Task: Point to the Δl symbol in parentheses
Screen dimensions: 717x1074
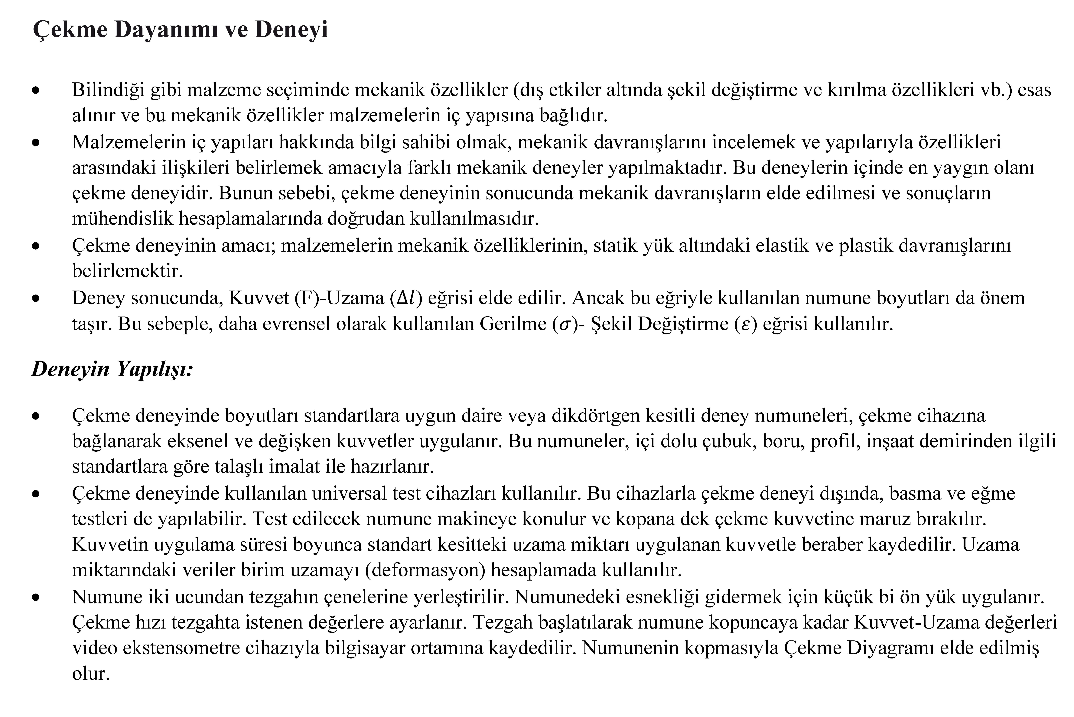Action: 406,298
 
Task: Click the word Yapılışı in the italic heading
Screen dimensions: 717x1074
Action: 154,369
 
